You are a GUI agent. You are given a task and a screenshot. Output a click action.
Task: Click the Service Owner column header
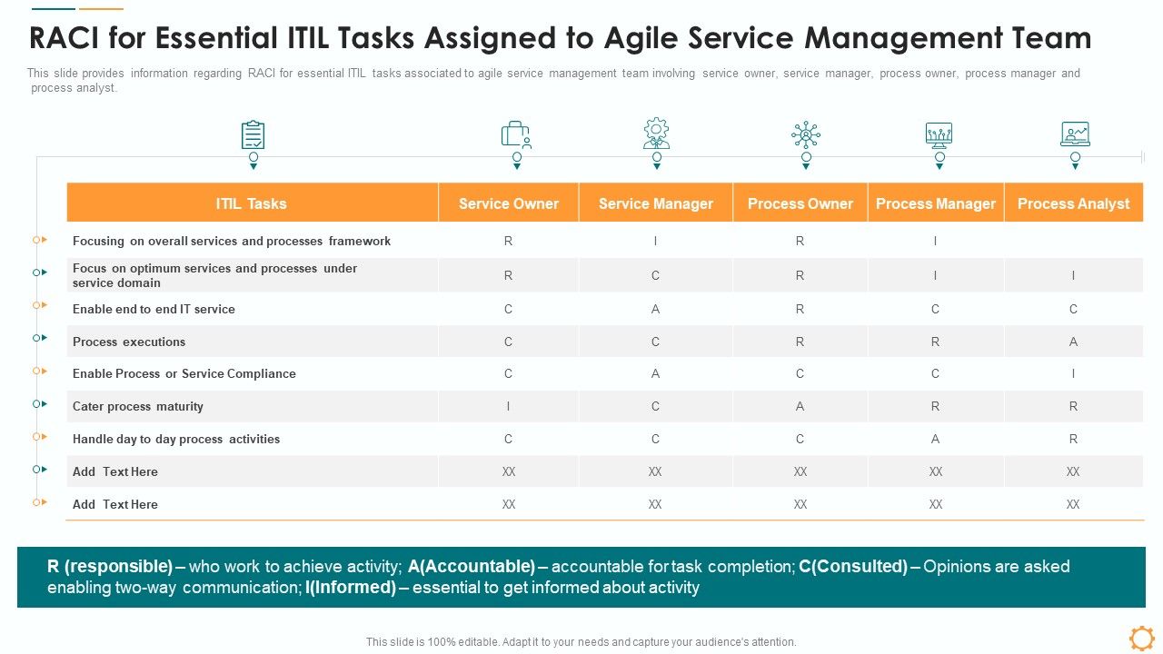coord(508,203)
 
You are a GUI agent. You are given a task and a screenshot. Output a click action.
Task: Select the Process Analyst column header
coord(1073,203)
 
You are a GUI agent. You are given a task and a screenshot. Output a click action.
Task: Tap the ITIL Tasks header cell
coord(252,203)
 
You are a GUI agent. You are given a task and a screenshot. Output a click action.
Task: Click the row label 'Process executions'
coord(129,342)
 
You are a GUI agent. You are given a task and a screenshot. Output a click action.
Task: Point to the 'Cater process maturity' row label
coord(138,406)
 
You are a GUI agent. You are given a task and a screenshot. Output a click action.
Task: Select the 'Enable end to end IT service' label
coord(154,309)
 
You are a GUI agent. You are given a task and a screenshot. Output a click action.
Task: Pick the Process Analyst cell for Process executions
coord(1073,342)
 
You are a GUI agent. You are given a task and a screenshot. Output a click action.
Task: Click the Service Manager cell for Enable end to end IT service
coord(655,309)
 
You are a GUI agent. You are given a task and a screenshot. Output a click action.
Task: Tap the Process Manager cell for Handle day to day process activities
coord(935,439)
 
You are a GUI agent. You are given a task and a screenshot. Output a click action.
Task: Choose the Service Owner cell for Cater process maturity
coord(508,406)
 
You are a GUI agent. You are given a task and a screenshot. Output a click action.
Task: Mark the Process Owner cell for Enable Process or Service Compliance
coord(800,373)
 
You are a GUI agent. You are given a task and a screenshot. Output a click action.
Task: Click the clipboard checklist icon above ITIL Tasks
coord(253,135)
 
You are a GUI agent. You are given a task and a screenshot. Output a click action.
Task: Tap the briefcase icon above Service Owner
coord(516,135)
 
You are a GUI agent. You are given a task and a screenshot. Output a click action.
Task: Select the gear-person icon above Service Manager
coord(656,134)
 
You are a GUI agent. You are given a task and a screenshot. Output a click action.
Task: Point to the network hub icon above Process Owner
coord(805,135)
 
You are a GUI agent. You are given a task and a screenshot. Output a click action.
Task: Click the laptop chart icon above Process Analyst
coord(1075,134)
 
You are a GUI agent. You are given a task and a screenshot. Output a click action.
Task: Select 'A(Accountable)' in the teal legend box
coord(472,566)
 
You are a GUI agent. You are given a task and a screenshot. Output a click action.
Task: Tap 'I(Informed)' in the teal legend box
coord(351,588)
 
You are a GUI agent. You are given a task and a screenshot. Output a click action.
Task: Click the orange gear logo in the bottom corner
coord(1141,638)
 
